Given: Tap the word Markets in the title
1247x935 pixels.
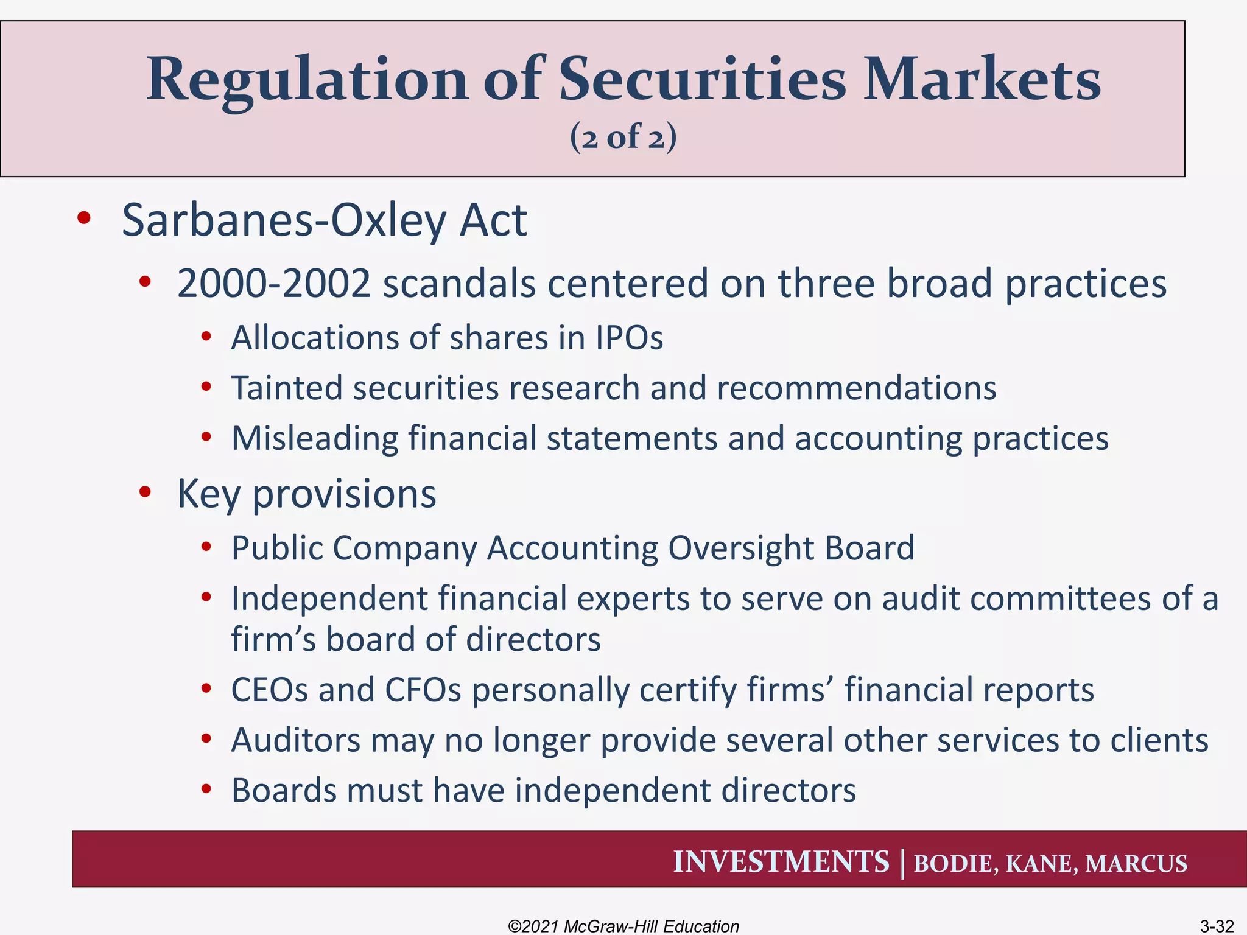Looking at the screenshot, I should (x=982, y=79).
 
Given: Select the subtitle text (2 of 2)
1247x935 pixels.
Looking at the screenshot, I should (x=623, y=136).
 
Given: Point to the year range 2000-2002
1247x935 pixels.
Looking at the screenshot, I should (x=273, y=284).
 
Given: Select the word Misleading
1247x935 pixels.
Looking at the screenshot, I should (x=314, y=439).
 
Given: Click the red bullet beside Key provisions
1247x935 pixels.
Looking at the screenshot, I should (x=145, y=492).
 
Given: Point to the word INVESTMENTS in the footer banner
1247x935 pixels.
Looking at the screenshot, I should (x=781, y=862).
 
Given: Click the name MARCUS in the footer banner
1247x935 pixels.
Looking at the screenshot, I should (x=1136, y=864).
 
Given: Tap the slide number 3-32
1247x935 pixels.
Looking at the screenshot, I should (x=1216, y=926).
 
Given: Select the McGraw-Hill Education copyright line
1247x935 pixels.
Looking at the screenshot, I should (x=623, y=926).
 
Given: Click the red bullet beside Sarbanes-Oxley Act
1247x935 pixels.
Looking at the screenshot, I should (x=84, y=218).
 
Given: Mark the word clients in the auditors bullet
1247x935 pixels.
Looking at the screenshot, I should (x=1159, y=741).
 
